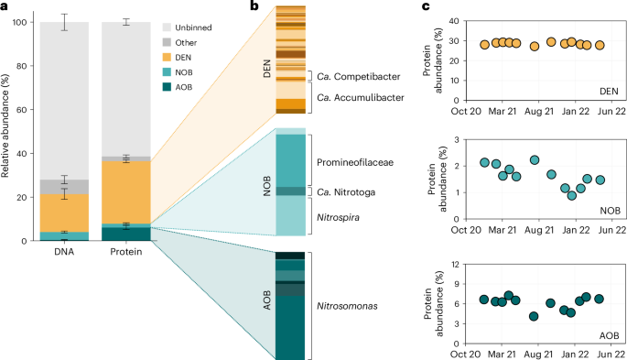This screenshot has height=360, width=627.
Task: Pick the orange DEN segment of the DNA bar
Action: (64, 213)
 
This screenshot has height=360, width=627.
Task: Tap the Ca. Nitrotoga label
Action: (351, 191)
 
